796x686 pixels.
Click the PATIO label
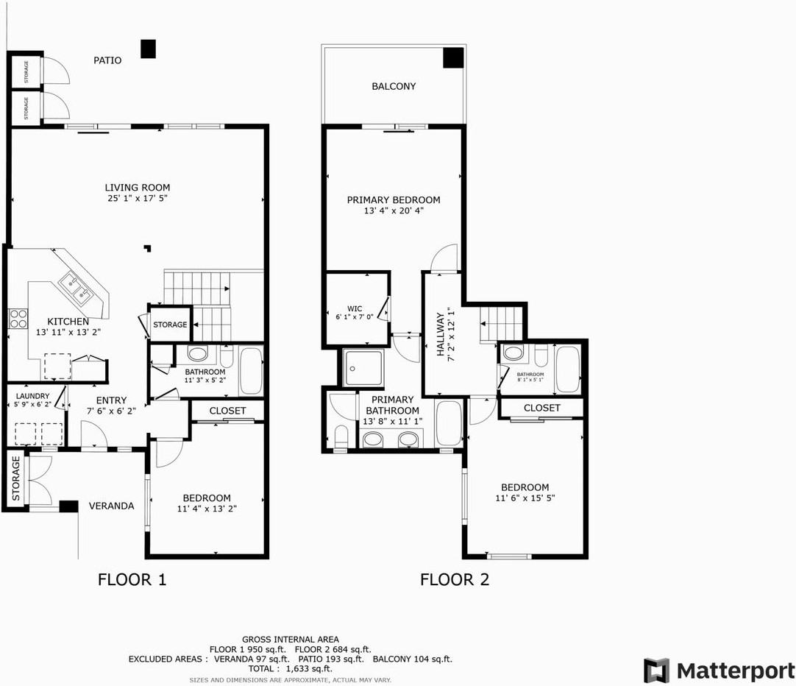click(x=107, y=60)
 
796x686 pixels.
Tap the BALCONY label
click(x=394, y=86)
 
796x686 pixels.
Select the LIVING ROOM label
click(x=136, y=187)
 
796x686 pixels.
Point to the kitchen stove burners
click(x=18, y=319)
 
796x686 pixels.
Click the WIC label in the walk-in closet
click(x=356, y=308)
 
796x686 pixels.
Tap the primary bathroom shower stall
click(x=363, y=367)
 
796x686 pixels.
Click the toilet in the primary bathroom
click(x=341, y=436)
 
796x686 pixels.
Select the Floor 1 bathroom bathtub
click(x=251, y=372)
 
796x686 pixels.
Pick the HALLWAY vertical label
click(x=441, y=334)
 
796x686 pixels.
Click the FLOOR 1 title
click(x=132, y=580)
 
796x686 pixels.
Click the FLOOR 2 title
click(x=455, y=580)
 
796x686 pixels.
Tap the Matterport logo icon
click(x=657, y=671)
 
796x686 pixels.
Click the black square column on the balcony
click(x=452, y=57)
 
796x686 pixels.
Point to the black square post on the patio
click(x=149, y=49)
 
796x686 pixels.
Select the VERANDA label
click(x=112, y=506)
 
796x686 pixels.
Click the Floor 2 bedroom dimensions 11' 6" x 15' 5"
click(x=525, y=498)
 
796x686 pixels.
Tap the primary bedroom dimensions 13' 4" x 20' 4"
click(x=394, y=211)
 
